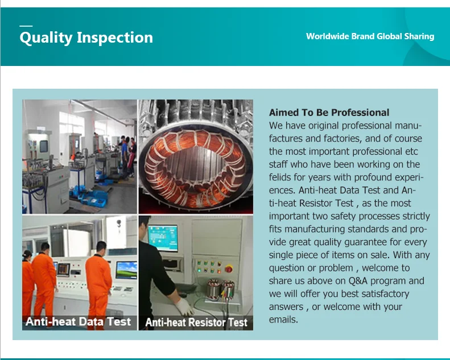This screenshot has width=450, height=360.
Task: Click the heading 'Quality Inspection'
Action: pyautogui.click(x=86, y=38)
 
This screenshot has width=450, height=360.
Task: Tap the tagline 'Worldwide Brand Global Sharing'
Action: pyautogui.click(x=370, y=36)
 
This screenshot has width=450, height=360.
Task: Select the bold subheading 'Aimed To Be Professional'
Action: pyautogui.click(x=329, y=113)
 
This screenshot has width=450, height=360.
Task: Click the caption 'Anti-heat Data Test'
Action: pyautogui.click(x=78, y=321)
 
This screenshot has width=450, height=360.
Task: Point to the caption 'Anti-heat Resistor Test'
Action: pyautogui.click(x=196, y=322)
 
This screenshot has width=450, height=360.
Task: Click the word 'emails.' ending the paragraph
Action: pyautogui.click(x=283, y=320)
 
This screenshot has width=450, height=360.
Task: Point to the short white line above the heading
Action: pyautogui.click(x=26, y=26)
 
